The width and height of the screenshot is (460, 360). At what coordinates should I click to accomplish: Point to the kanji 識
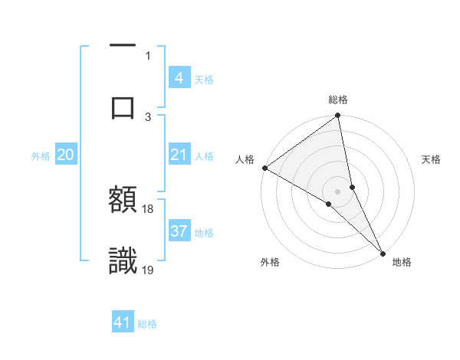click(x=123, y=260)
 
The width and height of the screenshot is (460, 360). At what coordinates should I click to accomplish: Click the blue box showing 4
click(x=179, y=78)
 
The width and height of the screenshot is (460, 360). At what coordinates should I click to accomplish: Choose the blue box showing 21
click(x=179, y=155)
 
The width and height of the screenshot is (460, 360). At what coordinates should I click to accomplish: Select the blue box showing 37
click(x=179, y=231)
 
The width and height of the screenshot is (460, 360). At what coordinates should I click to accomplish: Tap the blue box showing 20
click(x=66, y=155)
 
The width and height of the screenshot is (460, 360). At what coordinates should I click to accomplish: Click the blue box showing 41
click(x=123, y=322)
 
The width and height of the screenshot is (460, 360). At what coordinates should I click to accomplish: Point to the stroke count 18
click(x=148, y=208)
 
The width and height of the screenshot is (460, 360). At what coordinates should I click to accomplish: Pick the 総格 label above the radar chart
click(x=338, y=100)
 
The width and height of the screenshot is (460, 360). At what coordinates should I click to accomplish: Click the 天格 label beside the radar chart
click(x=432, y=159)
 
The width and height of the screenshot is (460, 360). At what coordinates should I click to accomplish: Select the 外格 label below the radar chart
click(x=270, y=262)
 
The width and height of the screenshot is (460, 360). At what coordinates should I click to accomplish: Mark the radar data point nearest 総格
click(x=338, y=117)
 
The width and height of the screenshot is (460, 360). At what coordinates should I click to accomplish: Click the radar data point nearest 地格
click(x=383, y=251)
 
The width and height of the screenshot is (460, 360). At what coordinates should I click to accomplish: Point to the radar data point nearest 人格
click(x=264, y=168)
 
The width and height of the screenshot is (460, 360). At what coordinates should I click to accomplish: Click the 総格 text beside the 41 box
click(x=147, y=324)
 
